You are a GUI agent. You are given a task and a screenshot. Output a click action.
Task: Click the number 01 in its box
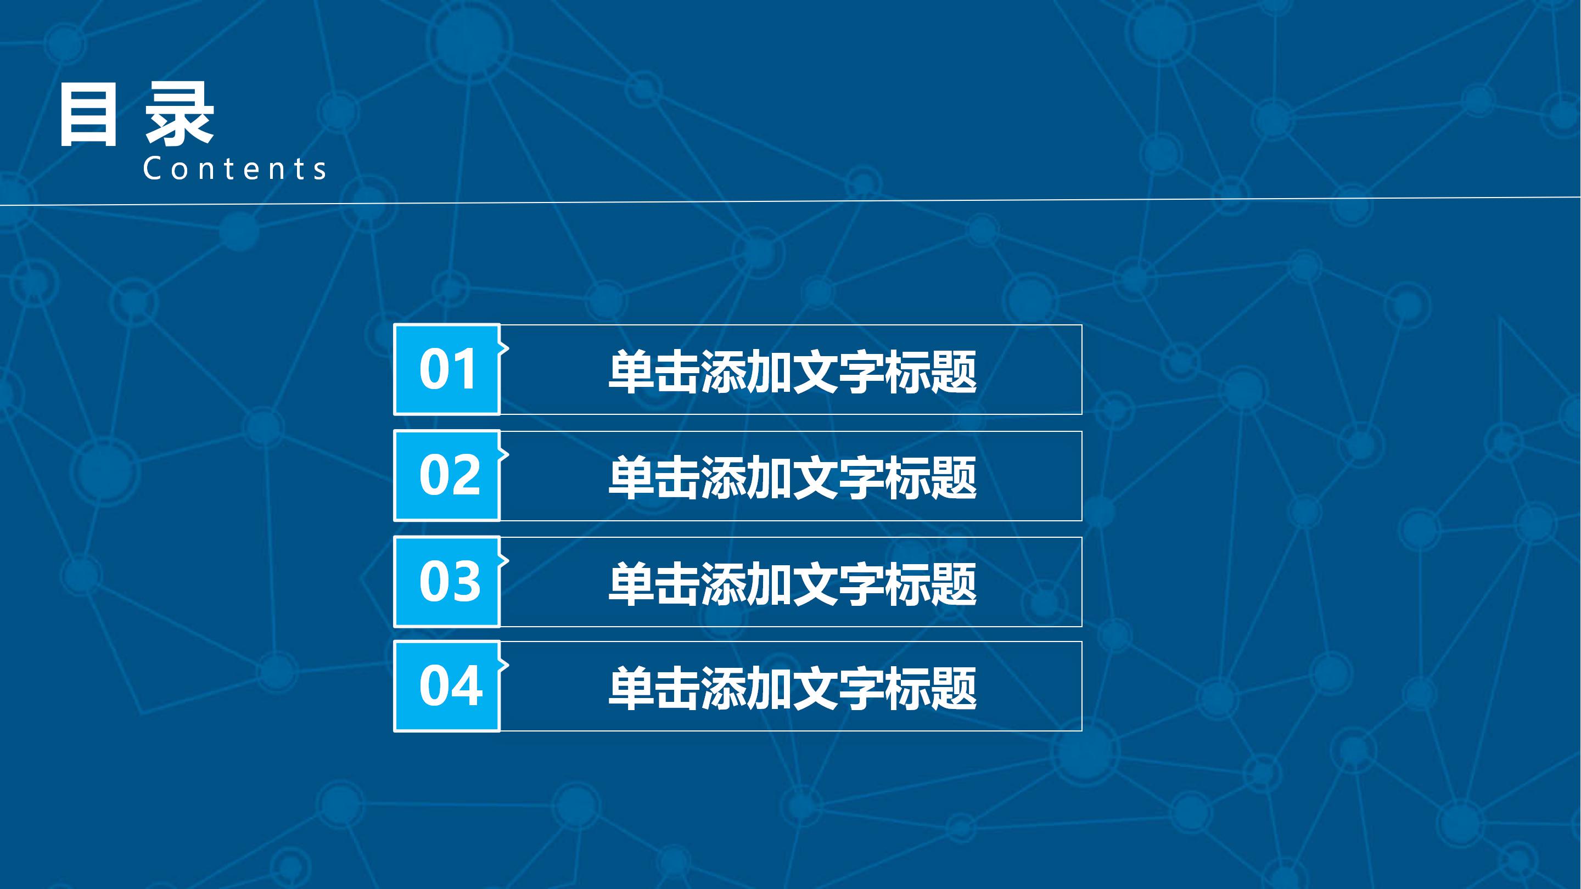point(448,369)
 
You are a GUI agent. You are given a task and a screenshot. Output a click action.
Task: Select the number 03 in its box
point(449,582)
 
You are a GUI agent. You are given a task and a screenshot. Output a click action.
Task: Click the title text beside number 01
point(792,372)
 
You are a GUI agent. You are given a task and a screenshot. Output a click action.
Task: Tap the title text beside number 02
point(792,477)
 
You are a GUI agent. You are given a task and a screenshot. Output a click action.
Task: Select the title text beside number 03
point(792,583)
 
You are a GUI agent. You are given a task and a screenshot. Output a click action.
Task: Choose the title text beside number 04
point(792,688)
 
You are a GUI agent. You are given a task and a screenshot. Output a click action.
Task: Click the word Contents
point(234,168)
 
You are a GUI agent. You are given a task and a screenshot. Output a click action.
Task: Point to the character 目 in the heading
point(88,115)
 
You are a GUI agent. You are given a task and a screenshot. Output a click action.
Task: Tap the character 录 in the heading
point(179,115)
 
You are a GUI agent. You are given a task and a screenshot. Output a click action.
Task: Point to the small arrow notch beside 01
point(504,348)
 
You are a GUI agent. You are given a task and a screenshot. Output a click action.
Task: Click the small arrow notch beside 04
point(504,665)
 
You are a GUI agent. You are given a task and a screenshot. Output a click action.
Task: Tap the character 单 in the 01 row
point(631,372)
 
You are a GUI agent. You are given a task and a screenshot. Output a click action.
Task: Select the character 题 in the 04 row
point(952,688)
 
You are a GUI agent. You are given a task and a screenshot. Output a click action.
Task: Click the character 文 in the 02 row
point(815,477)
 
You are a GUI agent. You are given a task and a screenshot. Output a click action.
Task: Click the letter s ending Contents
point(319,171)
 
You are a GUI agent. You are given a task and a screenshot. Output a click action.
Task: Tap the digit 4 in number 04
point(467,686)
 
